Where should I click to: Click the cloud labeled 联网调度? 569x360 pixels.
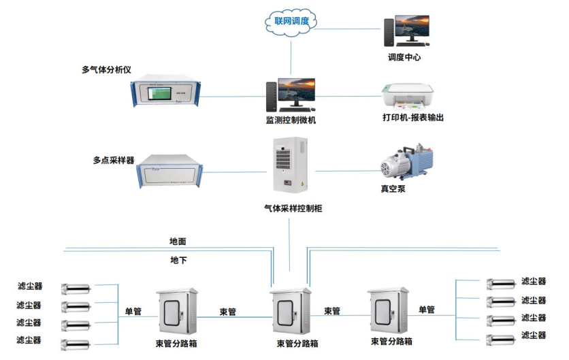click(x=291, y=22)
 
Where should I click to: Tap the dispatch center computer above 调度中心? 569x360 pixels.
click(x=411, y=30)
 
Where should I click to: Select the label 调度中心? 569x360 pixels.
click(x=404, y=58)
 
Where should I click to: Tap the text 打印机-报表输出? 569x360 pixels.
click(x=412, y=118)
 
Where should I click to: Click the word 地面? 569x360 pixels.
click(x=178, y=242)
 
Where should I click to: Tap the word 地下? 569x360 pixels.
click(x=178, y=260)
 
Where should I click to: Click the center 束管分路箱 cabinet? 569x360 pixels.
click(x=291, y=310)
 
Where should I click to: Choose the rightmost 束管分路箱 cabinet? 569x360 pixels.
click(x=388, y=310)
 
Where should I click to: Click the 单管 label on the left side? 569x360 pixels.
click(x=133, y=312)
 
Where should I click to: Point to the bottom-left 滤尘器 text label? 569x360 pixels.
click(x=29, y=340)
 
